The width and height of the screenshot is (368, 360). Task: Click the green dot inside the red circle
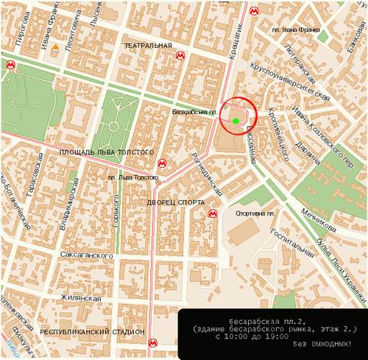[x=235, y=120]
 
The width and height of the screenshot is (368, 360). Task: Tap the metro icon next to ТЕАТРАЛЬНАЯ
[x=180, y=55]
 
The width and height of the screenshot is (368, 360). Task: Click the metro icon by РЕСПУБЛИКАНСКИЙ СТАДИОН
[x=152, y=342]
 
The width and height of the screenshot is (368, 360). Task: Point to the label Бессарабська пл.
[x=193, y=112]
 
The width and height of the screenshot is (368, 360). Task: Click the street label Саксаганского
[x=85, y=255]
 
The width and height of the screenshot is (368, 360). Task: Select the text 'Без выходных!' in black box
[x=323, y=345]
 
